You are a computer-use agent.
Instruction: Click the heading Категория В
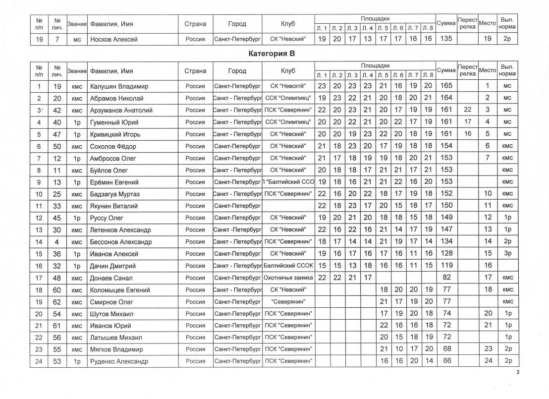[274, 53]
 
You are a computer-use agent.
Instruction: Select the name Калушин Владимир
[119, 86]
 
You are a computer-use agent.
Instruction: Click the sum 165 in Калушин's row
[446, 86]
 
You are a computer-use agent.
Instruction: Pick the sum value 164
[446, 98]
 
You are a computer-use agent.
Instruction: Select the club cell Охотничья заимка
[288, 278]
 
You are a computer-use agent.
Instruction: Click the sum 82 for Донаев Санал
[446, 278]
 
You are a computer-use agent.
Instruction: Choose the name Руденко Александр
[119, 362]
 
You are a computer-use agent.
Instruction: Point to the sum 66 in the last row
[446, 362]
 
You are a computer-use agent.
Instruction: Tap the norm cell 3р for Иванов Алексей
[507, 254]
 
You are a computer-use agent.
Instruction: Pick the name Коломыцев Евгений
[120, 290]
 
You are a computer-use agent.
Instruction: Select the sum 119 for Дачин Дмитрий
[446, 266]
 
